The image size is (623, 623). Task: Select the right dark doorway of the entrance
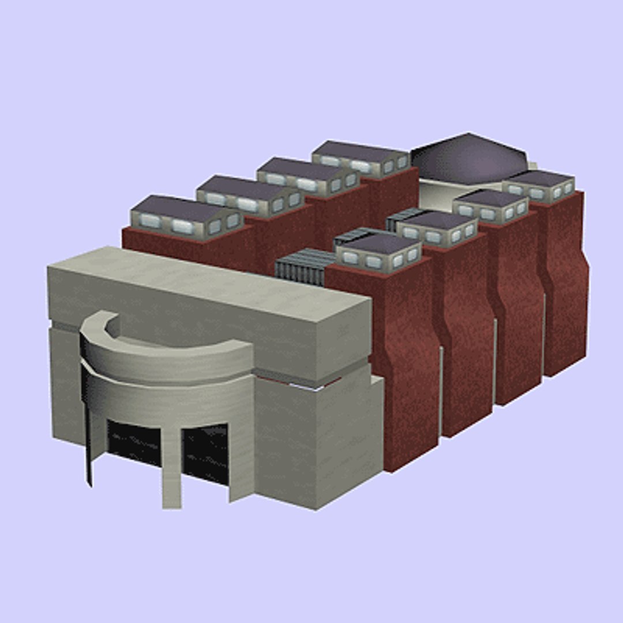205,453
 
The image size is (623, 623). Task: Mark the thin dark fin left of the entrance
88,438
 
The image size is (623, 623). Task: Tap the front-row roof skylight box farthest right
539,185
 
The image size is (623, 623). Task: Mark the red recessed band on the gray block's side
300,381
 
